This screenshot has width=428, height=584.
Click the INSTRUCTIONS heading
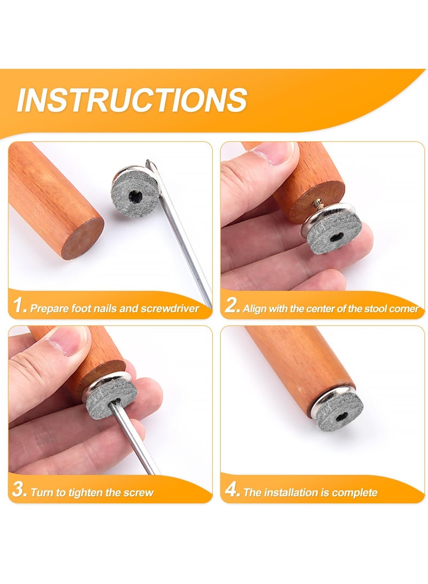[132, 100]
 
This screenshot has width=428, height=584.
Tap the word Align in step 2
[254, 308]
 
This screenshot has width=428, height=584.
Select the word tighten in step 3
[89, 492]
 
